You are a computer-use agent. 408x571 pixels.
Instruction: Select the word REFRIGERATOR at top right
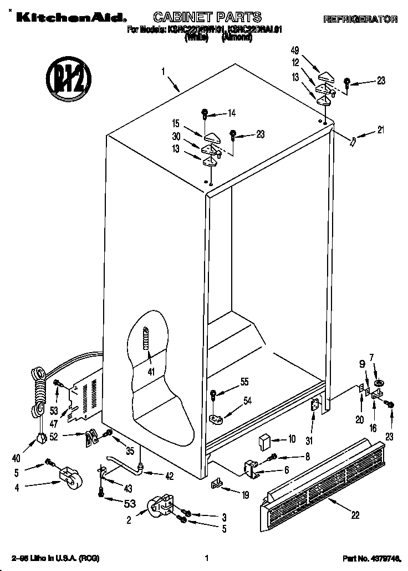point(360,19)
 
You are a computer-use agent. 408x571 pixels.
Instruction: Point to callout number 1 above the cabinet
point(164,71)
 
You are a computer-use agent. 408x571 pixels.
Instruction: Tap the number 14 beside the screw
point(231,114)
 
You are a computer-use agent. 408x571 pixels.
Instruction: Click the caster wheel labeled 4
point(68,478)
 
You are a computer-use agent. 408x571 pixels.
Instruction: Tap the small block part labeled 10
point(264,441)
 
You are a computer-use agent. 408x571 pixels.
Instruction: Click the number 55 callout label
point(244,382)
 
